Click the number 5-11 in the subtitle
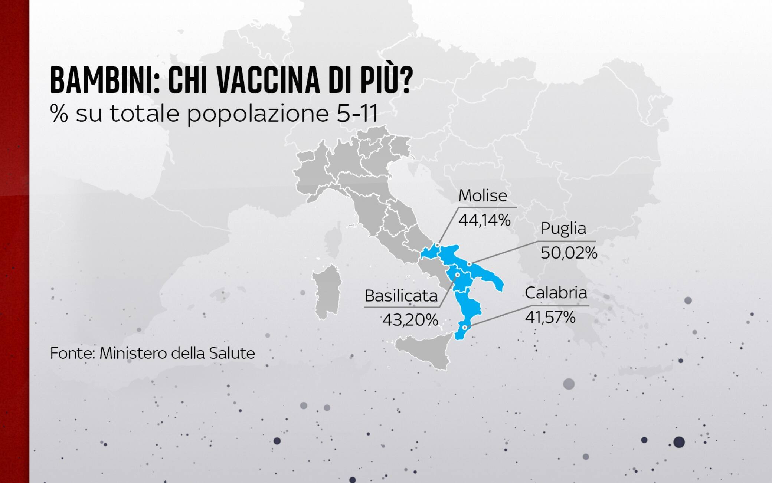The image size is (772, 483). (357, 113)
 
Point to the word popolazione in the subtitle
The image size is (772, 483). (258, 114)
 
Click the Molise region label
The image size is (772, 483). (482, 195)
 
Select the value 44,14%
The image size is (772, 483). (484, 220)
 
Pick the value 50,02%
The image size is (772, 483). (569, 253)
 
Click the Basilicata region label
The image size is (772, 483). (401, 296)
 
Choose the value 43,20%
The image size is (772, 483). (410, 320)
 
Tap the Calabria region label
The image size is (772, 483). (556, 293)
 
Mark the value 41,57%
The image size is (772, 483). (550, 317)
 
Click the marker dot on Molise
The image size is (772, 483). (438, 245)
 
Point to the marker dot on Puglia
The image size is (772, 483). (469, 264)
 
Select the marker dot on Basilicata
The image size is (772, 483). (458, 275)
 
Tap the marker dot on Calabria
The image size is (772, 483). (465, 328)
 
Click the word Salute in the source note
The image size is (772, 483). (232, 353)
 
